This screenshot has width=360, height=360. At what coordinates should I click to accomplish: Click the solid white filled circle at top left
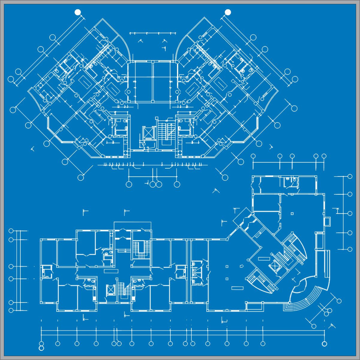[x=78, y=12]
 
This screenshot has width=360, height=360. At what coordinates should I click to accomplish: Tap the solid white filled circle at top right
[x=228, y=12]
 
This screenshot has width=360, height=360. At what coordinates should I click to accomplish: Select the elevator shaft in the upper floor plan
[x=148, y=133]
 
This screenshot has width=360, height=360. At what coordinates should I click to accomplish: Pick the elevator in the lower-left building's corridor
[x=111, y=290]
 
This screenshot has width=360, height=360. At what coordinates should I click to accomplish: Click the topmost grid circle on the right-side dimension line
[x=350, y=176]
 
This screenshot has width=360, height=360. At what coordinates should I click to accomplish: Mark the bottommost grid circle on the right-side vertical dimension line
[x=350, y=249]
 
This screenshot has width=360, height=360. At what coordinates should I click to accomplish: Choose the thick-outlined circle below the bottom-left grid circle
[x=41, y=348]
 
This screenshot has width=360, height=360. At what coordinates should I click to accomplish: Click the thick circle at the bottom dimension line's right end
[x=324, y=343]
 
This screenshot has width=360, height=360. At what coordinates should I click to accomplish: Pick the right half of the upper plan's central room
[x=163, y=82]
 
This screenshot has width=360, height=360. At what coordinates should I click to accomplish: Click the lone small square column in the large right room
[x=292, y=214]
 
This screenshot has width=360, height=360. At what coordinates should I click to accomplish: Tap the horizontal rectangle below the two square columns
[x=237, y=288]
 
